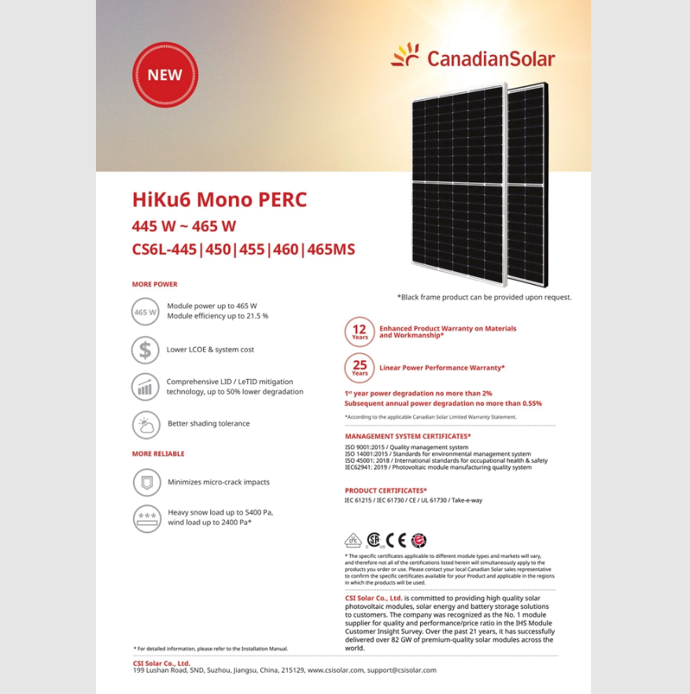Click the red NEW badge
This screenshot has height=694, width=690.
(164, 75)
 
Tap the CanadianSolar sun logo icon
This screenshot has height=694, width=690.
(405, 56)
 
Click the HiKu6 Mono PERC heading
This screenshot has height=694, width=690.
(220, 199)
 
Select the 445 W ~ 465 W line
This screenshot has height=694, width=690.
(184, 226)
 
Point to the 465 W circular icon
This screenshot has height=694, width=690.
(146, 312)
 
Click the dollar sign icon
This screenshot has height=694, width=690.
(146, 349)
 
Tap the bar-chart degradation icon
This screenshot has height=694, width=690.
(146, 386)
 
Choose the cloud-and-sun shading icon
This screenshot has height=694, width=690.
(146, 424)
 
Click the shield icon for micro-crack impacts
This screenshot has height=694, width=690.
(146, 482)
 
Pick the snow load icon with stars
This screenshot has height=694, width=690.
(146, 518)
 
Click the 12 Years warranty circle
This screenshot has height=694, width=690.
(360, 331)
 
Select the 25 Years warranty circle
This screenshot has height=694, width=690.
(360, 367)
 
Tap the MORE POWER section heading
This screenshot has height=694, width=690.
(155, 284)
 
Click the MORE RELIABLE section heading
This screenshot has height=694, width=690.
(158, 454)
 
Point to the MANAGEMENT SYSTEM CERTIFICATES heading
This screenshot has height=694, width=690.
(408, 436)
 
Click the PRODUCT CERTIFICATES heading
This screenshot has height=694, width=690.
(386, 490)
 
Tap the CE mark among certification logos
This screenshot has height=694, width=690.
(400, 541)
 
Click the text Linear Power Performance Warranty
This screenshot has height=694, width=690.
(442, 367)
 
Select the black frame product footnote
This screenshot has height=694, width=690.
(484, 297)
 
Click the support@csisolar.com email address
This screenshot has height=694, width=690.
(401, 670)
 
